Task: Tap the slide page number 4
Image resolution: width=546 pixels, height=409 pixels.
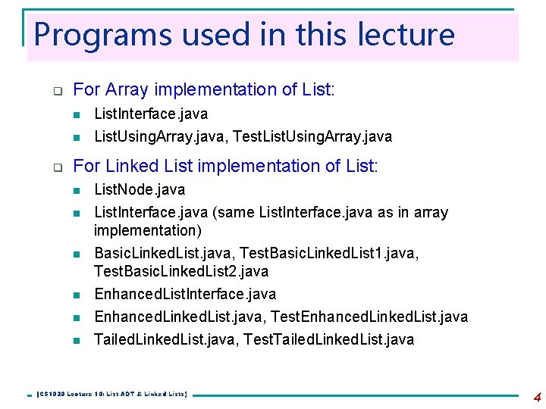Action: (x=537, y=396)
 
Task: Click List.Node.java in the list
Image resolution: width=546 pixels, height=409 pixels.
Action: (x=139, y=189)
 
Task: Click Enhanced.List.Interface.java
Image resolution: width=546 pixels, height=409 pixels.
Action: (x=184, y=294)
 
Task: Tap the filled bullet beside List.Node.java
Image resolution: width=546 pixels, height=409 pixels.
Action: (x=76, y=190)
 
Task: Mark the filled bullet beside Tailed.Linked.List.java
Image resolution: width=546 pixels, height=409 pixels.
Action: (x=76, y=340)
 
